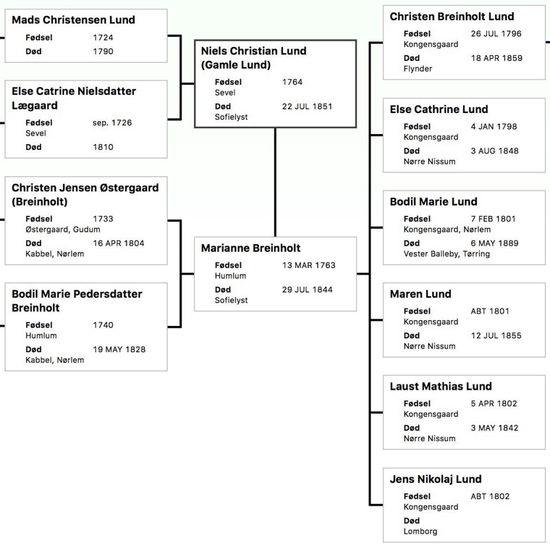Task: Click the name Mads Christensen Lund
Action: [73, 20]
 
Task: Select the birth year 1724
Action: [103, 38]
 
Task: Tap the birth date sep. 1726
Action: [112, 123]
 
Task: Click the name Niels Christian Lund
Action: [253, 51]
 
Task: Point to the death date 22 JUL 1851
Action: [308, 106]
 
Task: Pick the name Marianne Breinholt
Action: [251, 248]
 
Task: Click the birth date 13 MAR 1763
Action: [309, 265]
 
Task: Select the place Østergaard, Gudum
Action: [63, 230]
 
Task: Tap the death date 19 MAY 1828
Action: [119, 350]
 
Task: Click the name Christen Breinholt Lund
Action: [452, 17]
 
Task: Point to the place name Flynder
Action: [418, 69]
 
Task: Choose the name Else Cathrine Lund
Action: [439, 109]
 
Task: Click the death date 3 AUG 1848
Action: [494, 151]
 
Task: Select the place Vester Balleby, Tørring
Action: [447, 253]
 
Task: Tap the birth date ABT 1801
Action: [490, 311]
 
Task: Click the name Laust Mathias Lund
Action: [441, 387]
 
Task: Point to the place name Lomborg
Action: [420, 532]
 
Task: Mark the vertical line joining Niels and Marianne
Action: [275, 183]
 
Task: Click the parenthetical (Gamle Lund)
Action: [236, 65]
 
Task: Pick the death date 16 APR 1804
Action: [119, 243]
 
